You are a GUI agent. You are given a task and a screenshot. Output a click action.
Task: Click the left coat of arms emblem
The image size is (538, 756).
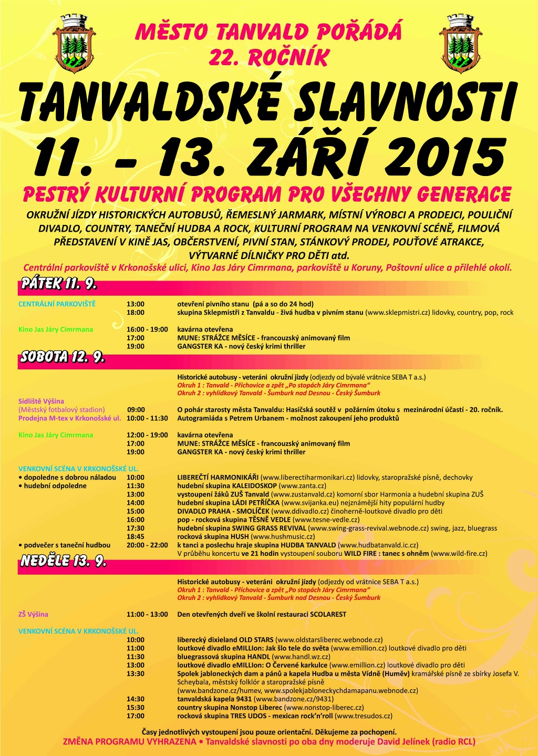pos(75,45)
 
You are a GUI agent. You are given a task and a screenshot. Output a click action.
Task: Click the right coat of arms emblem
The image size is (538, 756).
pos(460,45)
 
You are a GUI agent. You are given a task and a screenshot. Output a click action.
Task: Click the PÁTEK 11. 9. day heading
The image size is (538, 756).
pos(59,284)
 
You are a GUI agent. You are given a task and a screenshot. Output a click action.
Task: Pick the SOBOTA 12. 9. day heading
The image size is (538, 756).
pos(63,357)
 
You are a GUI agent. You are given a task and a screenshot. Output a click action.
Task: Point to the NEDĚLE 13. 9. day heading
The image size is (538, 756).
pos(64,561)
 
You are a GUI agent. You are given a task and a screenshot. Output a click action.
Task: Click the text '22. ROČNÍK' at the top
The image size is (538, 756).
pos(268,58)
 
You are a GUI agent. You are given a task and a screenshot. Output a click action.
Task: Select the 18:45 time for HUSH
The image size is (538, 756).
pos(136,536)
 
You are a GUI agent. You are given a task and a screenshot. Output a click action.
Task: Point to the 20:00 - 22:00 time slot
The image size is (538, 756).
pos(147,545)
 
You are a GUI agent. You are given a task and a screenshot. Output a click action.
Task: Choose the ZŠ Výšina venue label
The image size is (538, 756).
pos(33,614)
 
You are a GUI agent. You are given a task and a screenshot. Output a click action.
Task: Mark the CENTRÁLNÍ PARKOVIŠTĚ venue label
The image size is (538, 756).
pos(57,304)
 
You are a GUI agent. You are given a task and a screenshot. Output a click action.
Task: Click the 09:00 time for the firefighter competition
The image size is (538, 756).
pos(136,410)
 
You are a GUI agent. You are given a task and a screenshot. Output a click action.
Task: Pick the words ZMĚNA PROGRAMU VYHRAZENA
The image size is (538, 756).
pos(129,742)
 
